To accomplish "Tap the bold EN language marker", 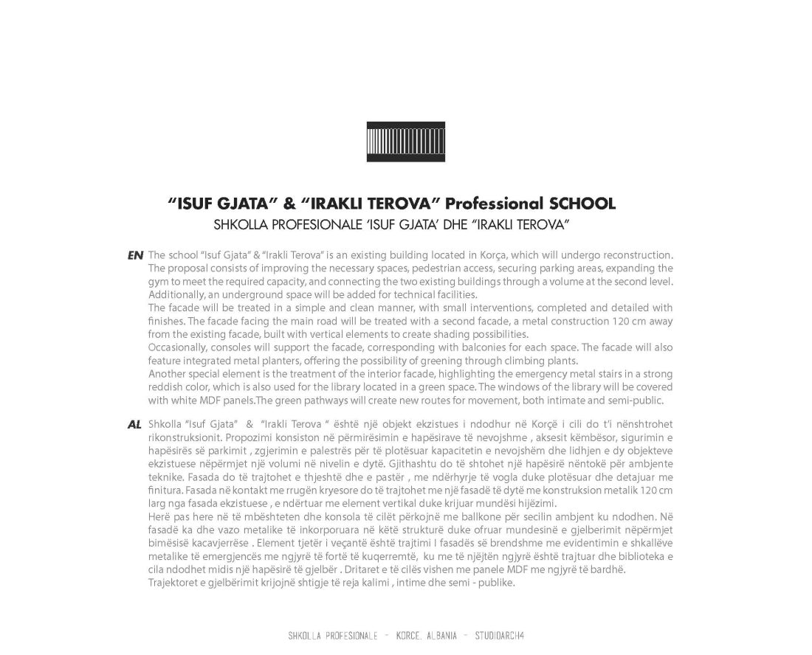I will (135, 255).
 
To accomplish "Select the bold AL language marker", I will (134, 426).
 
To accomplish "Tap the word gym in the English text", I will (156, 281).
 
